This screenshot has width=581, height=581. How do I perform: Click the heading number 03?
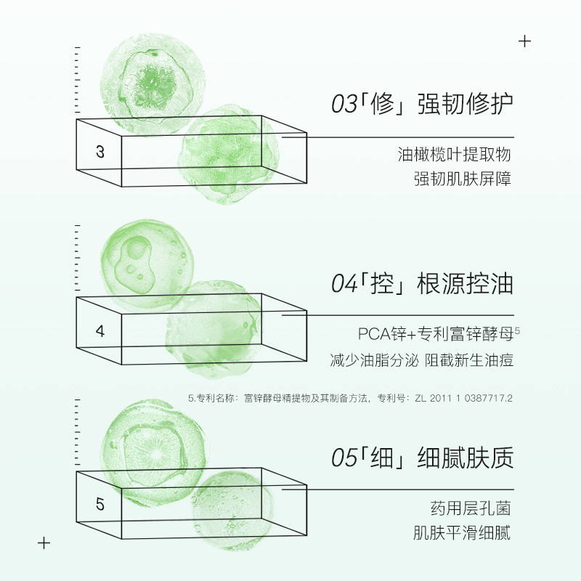(x=344, y=105)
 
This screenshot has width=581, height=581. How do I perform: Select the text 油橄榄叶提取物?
(x=455, y=155)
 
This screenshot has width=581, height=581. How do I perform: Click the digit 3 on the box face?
(x=100, y=152)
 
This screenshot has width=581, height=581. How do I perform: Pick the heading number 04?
(x=344, y=285)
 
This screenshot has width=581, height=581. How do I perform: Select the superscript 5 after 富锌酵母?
(x=517, y=330)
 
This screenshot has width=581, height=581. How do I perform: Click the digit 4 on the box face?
(x=100, y=332)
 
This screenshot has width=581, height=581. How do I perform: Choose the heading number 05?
(x=344, y=458)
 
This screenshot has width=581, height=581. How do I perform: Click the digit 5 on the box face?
(x=100, y=505)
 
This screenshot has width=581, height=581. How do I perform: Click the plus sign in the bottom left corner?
(x=44, y=543)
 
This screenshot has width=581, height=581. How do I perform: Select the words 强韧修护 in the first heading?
(x=466, y=105)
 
